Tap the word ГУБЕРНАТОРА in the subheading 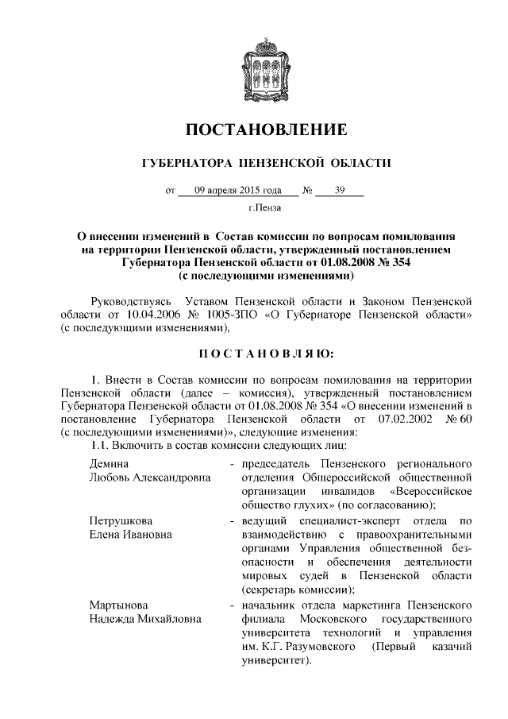[x=183, y=164]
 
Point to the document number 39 [x=341, y=191]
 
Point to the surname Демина [x=109, y=462]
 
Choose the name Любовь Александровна [x=149, y=477]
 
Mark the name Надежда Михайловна [x=144, y=620]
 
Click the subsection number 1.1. [x=98, y=447]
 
